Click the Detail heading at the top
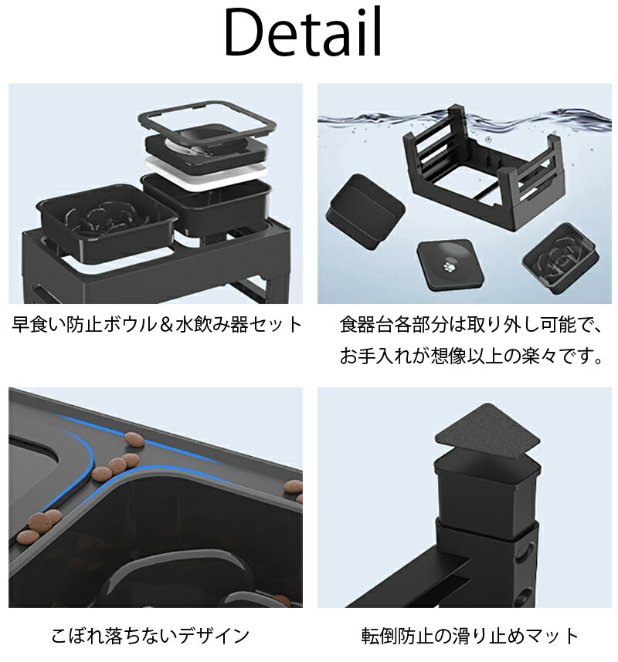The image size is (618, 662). [x=304, y=32]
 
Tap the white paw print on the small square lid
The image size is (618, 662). [x=448, y=266]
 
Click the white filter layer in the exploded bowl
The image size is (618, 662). [x=207, y=168]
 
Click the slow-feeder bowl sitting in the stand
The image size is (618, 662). [x=108, y=220]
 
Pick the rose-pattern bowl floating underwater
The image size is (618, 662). [x=561, y=258]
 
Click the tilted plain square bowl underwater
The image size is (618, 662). [x=365, y=212]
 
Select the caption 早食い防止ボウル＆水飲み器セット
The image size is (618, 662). [x=156, y=325]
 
